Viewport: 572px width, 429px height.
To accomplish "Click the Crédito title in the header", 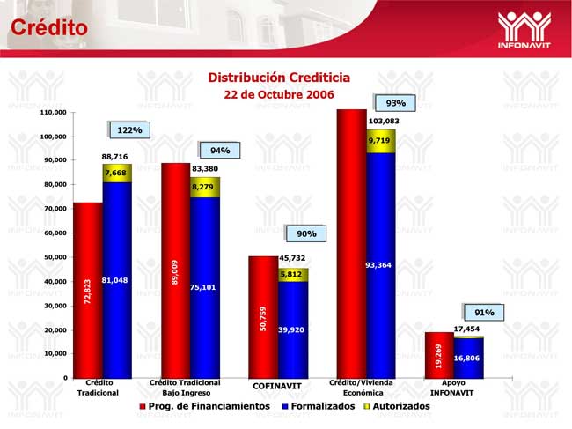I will tap(48, 27).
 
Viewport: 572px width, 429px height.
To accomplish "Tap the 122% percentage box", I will tap(129, 130).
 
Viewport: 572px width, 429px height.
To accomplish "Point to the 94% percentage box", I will tap(219, 151).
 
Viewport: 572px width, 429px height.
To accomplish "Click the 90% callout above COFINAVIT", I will tap(306, 233).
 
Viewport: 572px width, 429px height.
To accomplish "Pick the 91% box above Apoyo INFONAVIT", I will tap(484, 312).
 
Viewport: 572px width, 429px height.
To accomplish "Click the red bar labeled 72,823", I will tap(87, 290).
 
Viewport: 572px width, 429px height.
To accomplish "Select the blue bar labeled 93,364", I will tap(381, 264).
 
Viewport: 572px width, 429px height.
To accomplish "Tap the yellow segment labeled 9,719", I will tap(381, 141).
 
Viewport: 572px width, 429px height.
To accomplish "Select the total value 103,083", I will tap(383, 120).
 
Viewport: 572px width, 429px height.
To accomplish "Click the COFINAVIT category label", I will tap(278, 387).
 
